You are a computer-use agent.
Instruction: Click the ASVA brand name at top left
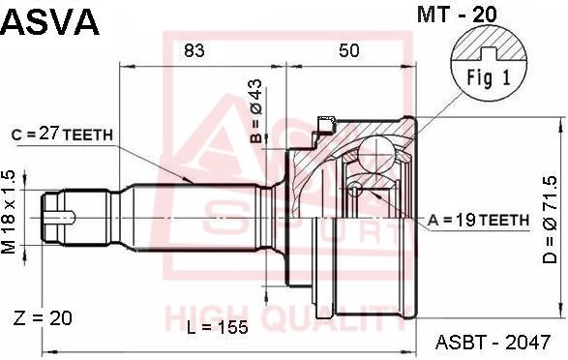(x=49, y=21)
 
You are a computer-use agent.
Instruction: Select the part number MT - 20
(x=457, y=15)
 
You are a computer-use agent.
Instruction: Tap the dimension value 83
(x=194, y=50)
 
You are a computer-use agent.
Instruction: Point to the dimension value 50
(x=349, y=50)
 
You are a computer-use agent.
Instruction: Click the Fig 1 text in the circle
(x=489, y=77)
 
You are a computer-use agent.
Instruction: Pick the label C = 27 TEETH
(x=62, y=135)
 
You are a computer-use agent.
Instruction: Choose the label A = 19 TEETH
(x=479, y=220)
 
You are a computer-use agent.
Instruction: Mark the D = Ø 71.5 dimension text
(x=550, y=220)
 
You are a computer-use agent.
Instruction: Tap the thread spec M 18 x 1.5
(x=9, y=212)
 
